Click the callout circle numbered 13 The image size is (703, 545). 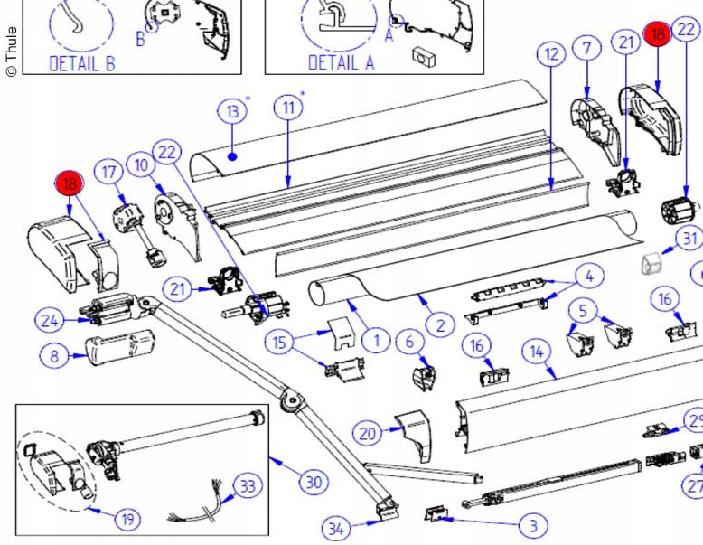pyautogui.click(x=232, y=112)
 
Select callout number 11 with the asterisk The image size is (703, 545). pyautogui.click(x=288, y=108)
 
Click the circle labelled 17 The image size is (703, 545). pyautogui.click(x=110, y=171)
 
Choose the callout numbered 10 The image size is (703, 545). pyautogui.click(x=141, y=165)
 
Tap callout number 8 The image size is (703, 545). pyautogui.click(x=54, y=356)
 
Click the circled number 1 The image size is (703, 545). pyautogui.click(x=375, y=341)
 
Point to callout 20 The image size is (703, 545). pyautogui.click(x=367, y=434)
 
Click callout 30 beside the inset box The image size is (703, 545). pyautogui.click(x=313, y=482)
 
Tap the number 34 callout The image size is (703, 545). pyautogui.click(x=335, y=528)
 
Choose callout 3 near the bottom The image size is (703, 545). pyautogui.click(x=533, y=525)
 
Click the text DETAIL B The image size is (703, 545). pyautogui.click(x=81, y=62)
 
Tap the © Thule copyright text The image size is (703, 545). pyautogui.click(x=11, y=51)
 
